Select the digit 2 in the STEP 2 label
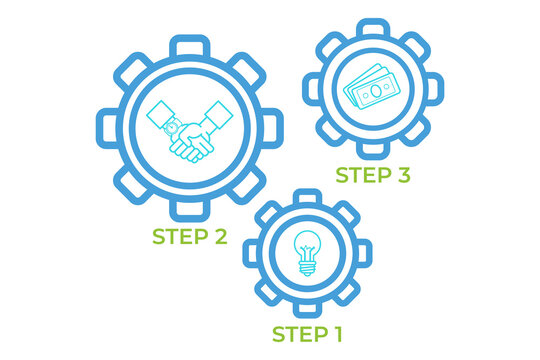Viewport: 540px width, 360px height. coord(219,237)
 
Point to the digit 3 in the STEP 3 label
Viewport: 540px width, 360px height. coord(403,175)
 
